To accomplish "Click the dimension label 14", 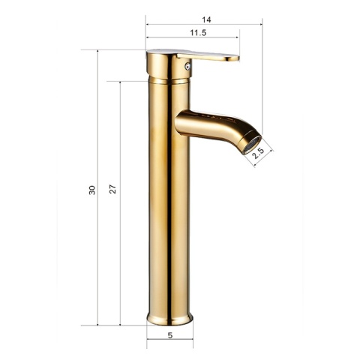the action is (x=206, y=19).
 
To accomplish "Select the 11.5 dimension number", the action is (x=198, y=33).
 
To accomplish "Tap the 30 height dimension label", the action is (x=92, y=190).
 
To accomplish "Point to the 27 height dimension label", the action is (x=112, y=189).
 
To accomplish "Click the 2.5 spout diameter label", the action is (x=258, y=154).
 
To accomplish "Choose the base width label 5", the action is (x=170, y=335).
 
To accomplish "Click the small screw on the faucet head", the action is (x=187, y=66).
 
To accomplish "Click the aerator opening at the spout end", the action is (x=252, y=145).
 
